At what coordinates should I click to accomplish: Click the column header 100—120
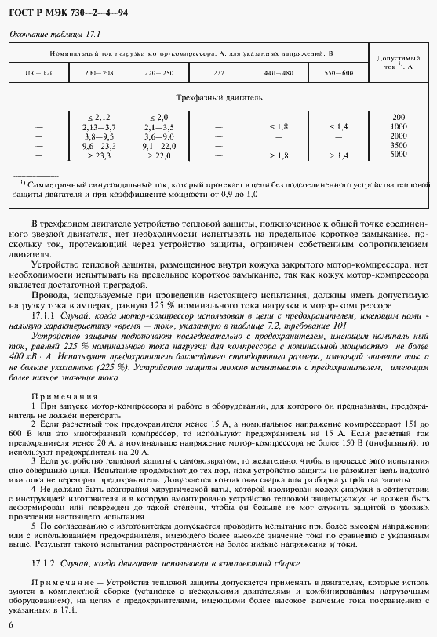pos(39,73)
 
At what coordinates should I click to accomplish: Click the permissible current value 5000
pos(399,155)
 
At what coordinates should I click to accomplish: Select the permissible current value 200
pos(399,116)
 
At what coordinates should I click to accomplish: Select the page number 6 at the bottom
pos(10,624)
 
